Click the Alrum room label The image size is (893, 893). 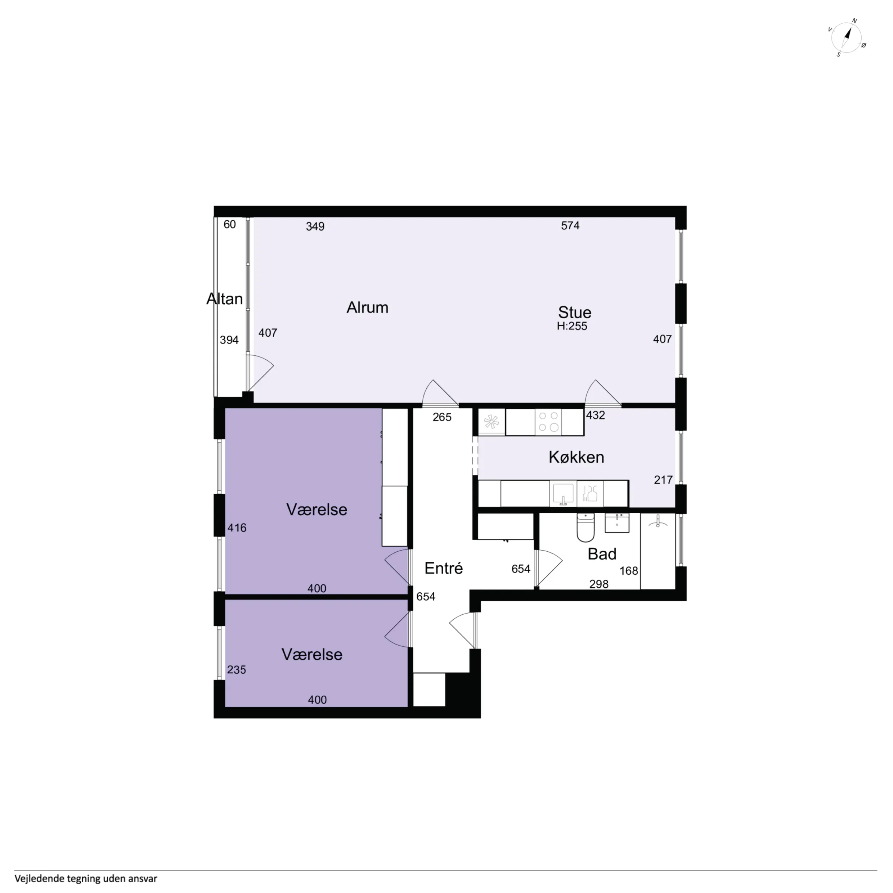367,308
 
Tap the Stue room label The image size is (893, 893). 575,313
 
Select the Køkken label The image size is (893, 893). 576,457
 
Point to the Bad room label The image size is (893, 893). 602,554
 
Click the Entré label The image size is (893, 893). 444,568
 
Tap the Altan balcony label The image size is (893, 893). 225,299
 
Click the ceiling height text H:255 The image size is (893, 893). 572,326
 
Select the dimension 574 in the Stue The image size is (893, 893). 570,225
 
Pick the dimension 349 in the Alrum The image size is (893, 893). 315,226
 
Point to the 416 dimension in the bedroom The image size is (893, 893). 237,528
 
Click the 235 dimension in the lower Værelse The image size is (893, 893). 237,670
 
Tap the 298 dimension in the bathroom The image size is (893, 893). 599,584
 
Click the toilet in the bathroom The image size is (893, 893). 585,528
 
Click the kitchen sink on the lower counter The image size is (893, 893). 563,494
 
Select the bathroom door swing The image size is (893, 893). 549,569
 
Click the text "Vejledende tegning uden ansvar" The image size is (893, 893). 86,879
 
